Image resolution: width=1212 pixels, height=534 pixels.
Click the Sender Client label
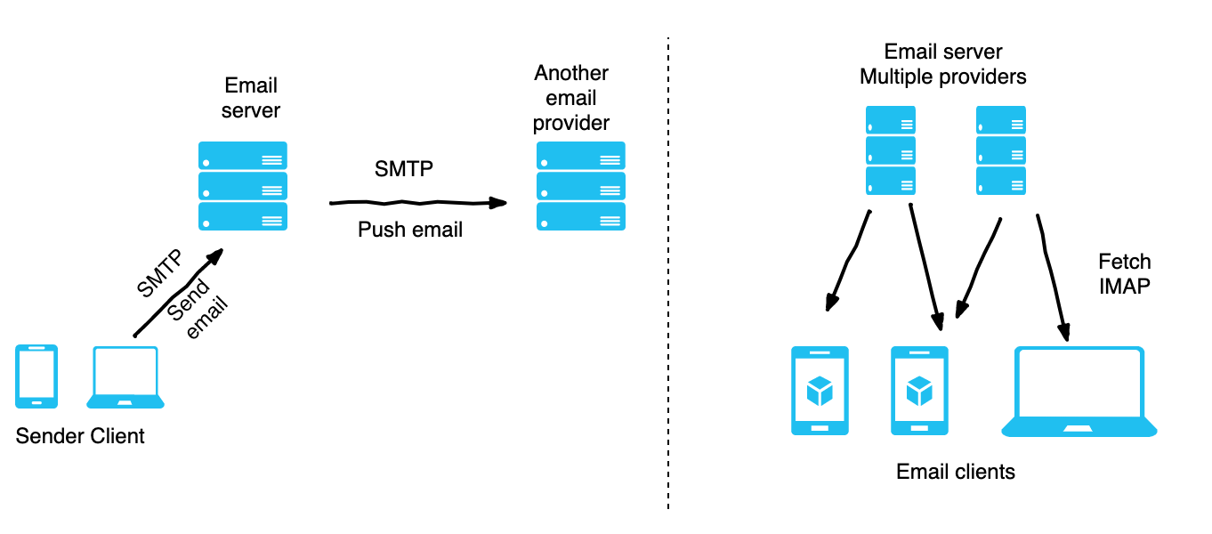(x=80, y=436)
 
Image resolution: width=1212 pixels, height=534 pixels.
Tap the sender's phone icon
(x=36, y=376)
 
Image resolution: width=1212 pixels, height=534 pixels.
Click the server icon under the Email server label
(x=242, y=187)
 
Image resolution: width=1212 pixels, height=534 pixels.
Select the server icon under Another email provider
(x=580, y=187)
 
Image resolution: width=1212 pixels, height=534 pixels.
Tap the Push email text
(x=410, y=230)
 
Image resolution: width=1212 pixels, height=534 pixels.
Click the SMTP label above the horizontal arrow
(x=404, y=169)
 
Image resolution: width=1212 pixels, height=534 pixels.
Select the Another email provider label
(x=571, y=98)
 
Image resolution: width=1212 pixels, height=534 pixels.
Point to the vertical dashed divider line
(x=667, y=267)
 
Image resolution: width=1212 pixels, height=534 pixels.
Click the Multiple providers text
(x=942, y=77)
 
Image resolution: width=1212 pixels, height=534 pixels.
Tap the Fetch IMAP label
(x=1125, y=274)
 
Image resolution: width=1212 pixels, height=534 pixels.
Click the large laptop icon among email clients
(x=1079, y=392)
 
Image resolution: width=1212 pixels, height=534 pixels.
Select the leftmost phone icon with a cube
(x=820, y=391)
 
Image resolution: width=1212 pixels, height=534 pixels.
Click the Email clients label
(x=956, y=471)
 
